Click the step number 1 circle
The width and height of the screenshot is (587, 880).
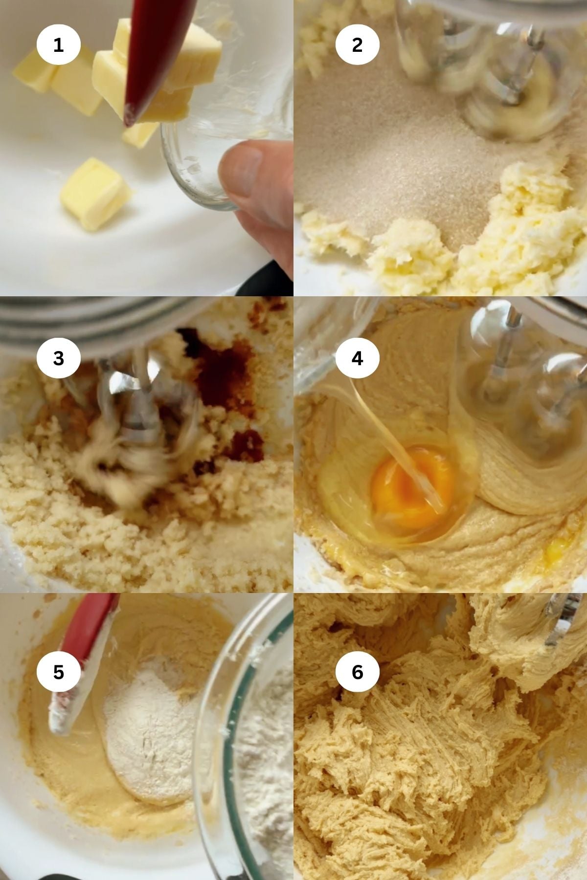click(58, 45)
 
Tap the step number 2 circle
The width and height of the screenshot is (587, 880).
click(357, 45)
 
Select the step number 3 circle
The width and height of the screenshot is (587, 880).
click(58, 358)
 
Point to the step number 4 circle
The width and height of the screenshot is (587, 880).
click(357, 358)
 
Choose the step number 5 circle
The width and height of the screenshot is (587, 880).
click(58, 672)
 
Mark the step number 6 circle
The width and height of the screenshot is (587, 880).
click(357, 672)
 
